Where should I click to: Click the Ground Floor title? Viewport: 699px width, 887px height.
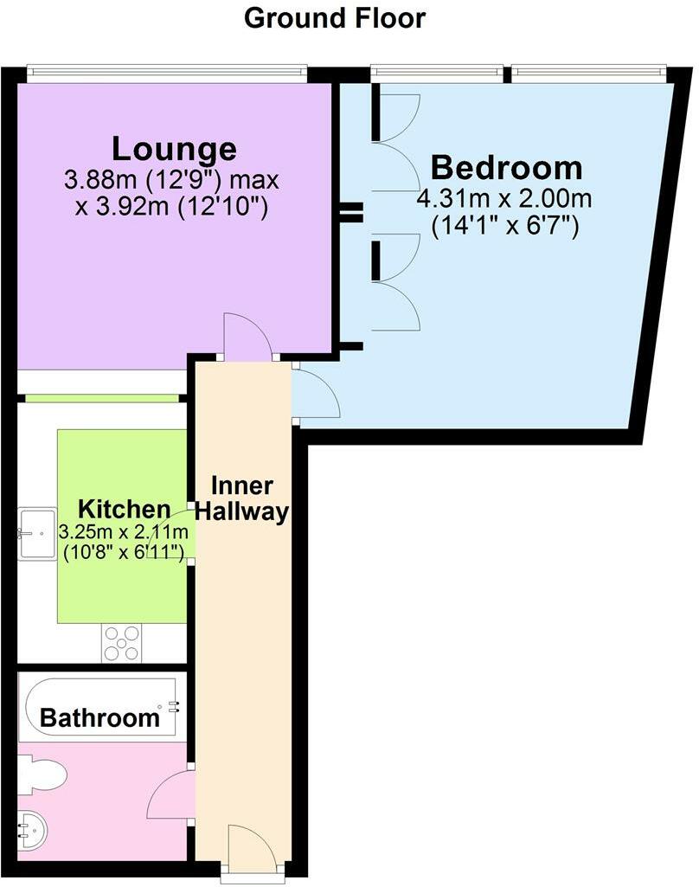click(335, 17)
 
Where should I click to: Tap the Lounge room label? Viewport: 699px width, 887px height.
click(174, 149)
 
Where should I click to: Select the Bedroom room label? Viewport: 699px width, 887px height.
click(506, 166)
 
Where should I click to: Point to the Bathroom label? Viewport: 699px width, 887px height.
click(100, 717)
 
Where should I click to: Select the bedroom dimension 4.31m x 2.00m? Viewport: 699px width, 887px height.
click(504, 199)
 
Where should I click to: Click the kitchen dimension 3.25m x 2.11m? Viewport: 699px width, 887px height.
click(121, 530)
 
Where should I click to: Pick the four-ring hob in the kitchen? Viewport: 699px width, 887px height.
click(121, 643)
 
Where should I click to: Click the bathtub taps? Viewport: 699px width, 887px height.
click(174, 705)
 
